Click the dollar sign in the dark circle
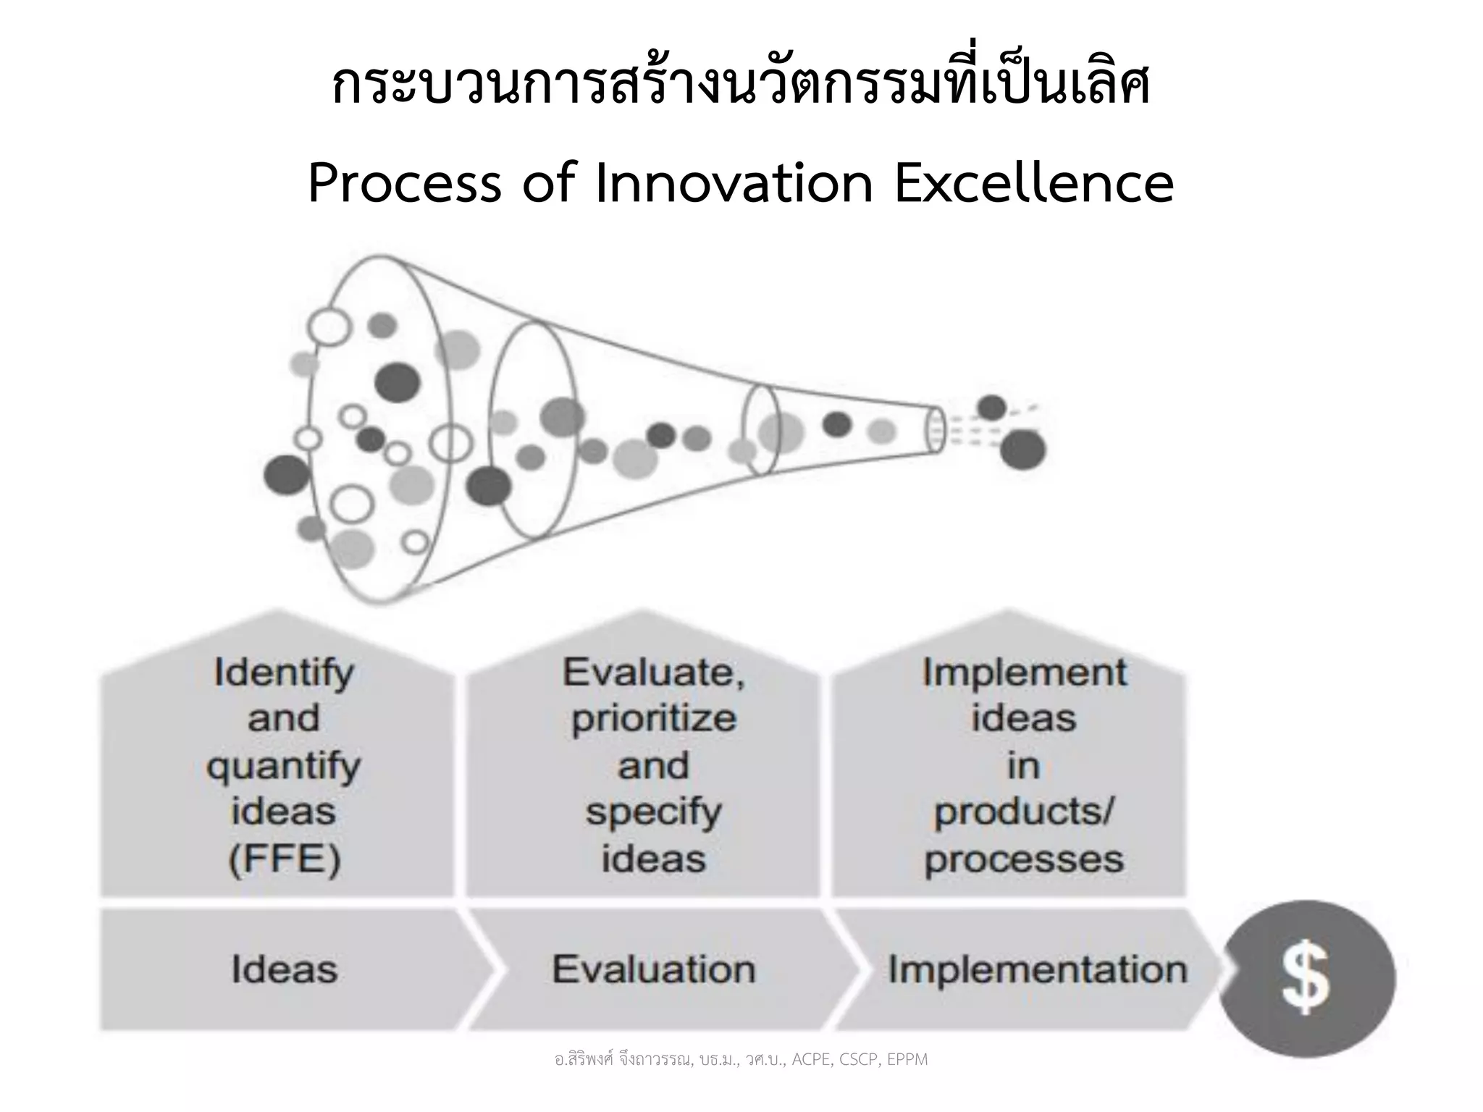pyautogui.click(x=1306, y=978)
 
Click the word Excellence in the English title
pyautogui.click(x=1033, y=184)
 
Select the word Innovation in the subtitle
pyautogui.click(x=734, y=184)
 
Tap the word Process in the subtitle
pyautogui.click(x=405, y=184)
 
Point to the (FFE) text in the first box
pyautogui.click(x=284, y=860)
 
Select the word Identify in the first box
pyautogui.click(x=284, y=673)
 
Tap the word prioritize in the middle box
pyautogui.click(x=653, y=720)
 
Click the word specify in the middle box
pyautogui.click(x=653, y=814)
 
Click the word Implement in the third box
pyautogui.click(x=1024, y=673)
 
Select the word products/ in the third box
pyautogui.click(x=1024, y=814)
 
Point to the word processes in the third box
pyautogui.click(x=1024, y=860)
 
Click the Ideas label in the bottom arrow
pyautogui.click(x=284, y=969)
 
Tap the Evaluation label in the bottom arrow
pyautogui.click(x=653, y=969)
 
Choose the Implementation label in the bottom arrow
pyautogui.click(x=1037, y=969)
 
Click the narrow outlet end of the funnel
pyautogui.click(x=936, y=430)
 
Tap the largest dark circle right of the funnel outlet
pyautogui.click(x=1022, y=450)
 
